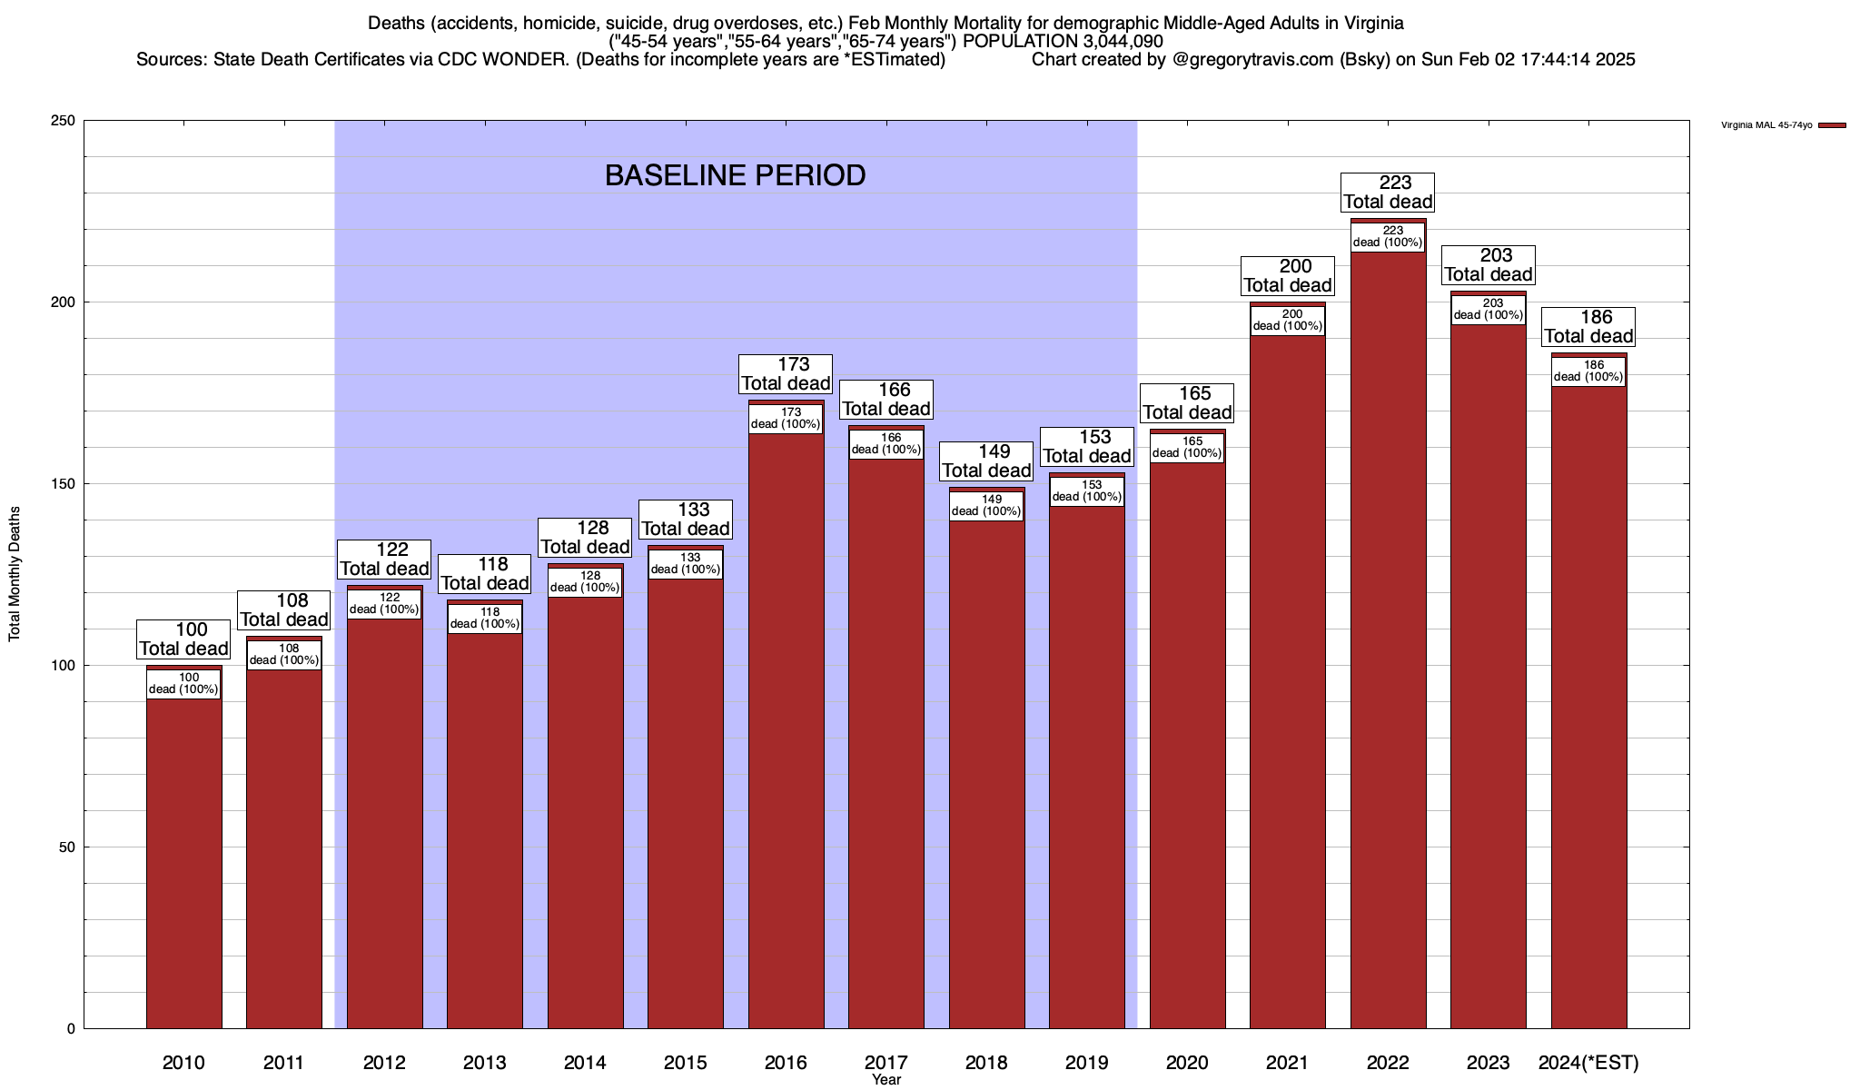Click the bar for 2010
pyautogui.click(x=183, y=863)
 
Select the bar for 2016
pyautogui.click(x=786, y=727)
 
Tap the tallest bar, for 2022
pyautogui.click(x=1388, y=636)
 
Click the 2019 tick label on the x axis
pyautogui.click(x=1086, y=1063)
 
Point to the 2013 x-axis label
pyautogui.click(x=484, y=1063)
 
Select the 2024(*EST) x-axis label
pyautogui.click(x=1588, y=1063)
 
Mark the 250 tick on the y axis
pyautogui.click(x=64, y=121)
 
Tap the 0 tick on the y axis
pyautogui.click(x=71, y=1029)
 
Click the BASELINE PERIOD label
pyautogui.click(x=735, y=175)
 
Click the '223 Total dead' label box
pyautogui.click(x=1388, y=193)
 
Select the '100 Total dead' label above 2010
pyautogui.click(x=183, y=639)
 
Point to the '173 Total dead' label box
pyautogui.click(x=786, y=374)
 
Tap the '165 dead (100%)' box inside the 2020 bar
pyautogui.click(x=1187, y=448)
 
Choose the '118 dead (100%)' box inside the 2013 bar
pyautogui.click(x=484, y=619)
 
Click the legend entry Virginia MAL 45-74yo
pyautogui.click(x=1766, y=125)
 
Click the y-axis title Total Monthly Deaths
pyautogui.click(x=15, y=574)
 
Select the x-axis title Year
pyautogui.click(x=886, y=1080)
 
